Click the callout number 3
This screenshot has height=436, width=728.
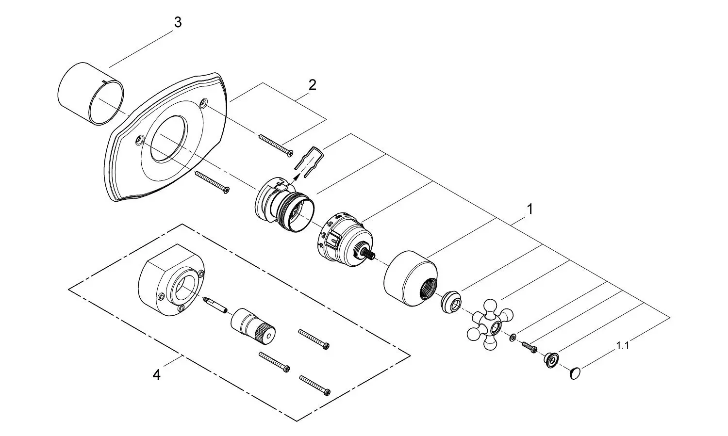pyautogui.click(x=178, y=22)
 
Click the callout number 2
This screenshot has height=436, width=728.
pyautogui.click(x=312, y=85)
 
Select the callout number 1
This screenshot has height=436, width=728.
pyautogui.click(x=530, y=210)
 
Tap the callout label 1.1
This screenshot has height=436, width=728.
pyautogui.click(x=623, y=345)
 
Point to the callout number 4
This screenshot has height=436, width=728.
pyautogui.click(x=156, y=375)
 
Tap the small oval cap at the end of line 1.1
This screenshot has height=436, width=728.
pyautogui.click(x=576, y=373)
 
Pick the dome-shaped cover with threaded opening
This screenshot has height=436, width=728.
pyautogui.click(x=411, y=279)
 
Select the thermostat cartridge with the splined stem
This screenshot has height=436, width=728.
pyautogui.click(x=346, y=240)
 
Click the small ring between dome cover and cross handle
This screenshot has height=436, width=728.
pyautogui.click(x=451, y=302)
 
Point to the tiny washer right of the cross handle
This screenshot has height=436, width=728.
pyautogui.click(x=513, y=338)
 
